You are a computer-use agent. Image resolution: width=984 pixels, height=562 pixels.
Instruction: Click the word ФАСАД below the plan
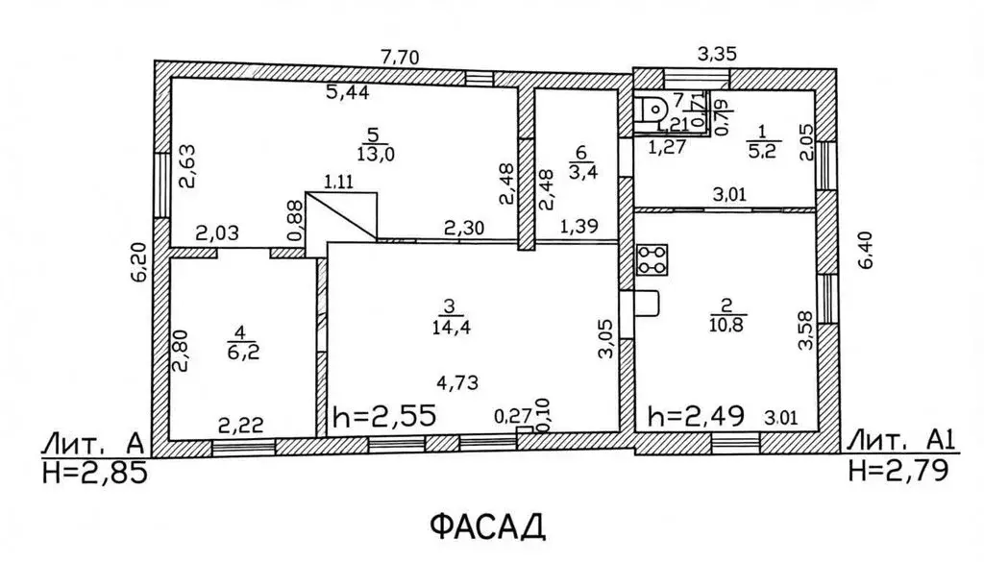487,526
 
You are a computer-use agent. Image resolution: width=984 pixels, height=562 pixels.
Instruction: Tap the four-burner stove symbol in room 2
652,259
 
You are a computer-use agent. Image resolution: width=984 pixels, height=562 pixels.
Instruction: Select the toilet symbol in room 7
651,110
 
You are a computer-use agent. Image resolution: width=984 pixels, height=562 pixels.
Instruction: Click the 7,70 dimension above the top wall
400,58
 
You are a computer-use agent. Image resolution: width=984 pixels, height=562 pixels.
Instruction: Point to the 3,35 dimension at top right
717,54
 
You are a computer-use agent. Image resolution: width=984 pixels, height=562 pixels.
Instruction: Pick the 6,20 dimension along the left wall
138,262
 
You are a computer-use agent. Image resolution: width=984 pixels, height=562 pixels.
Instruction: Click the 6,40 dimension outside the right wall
865,251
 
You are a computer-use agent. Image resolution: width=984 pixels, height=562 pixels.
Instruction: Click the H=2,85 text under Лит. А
95,472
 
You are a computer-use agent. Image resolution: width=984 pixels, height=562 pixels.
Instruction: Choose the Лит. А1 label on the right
901,442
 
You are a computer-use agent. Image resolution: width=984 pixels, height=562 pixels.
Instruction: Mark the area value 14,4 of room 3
451,327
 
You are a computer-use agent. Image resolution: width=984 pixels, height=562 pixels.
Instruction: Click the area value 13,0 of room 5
376,154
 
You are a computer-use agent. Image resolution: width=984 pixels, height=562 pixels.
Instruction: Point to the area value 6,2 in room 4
243,352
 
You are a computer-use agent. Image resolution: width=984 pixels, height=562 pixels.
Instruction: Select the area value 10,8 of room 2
727,325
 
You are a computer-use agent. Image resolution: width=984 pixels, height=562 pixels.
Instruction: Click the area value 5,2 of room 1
762,151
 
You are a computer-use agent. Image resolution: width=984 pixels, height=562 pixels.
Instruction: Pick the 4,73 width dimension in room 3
458,382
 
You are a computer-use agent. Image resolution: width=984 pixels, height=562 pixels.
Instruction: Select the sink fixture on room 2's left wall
647,303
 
